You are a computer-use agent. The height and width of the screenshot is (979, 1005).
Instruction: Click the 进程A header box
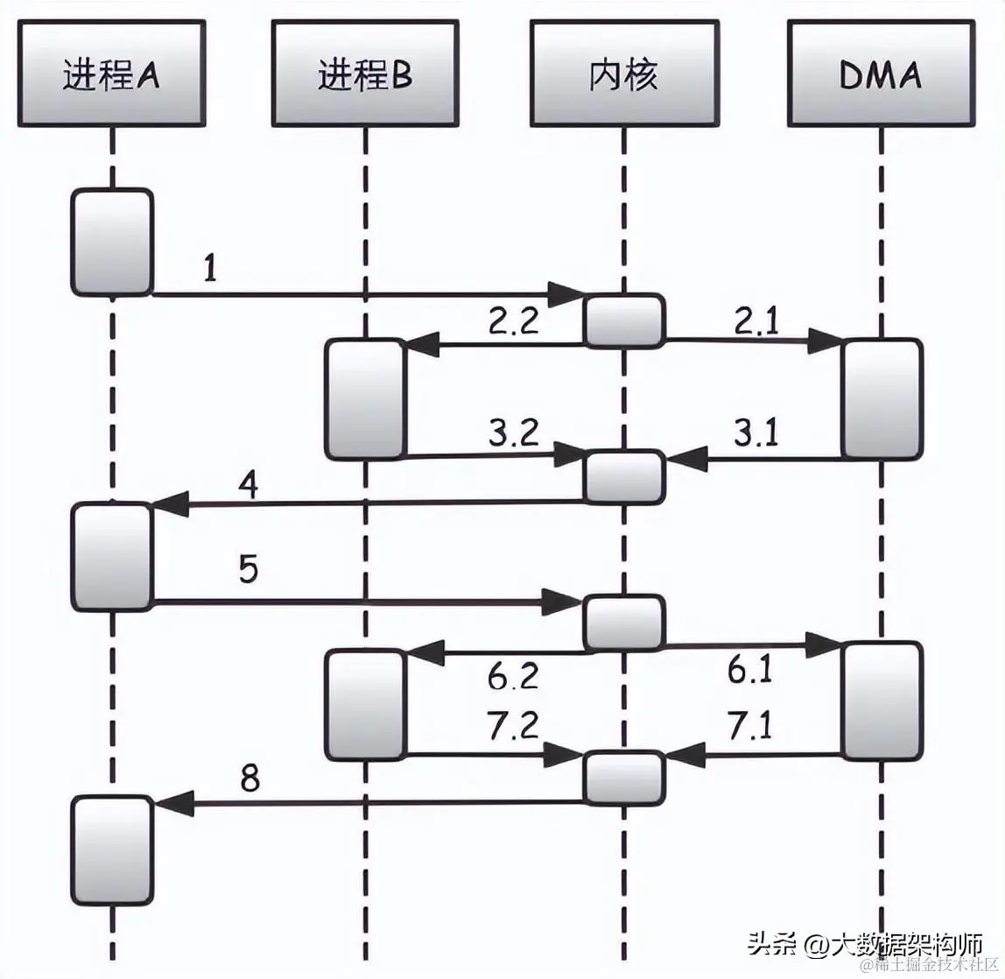click(111, 74)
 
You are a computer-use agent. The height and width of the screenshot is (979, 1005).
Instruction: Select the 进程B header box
click(364, 74)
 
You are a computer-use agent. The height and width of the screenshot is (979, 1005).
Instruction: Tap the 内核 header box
click(622, 74)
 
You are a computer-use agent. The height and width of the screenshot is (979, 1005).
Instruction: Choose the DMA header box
click(880, 74)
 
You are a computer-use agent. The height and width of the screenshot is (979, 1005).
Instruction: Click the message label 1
click(210, 269)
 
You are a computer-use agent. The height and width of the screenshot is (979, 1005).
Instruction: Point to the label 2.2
click(514, 322)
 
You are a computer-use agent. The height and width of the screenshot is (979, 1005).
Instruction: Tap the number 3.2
click(514, 433)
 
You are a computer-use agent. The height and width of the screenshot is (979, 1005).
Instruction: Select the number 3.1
click(754, 433)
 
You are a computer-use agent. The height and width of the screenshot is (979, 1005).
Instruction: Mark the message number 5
click(249, 570)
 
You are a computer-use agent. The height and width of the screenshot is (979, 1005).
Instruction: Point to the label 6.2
click(514, 676)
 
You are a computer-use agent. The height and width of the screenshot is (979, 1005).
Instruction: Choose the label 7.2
click(514, 727)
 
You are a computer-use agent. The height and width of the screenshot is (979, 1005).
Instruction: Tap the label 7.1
click(750, 727)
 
